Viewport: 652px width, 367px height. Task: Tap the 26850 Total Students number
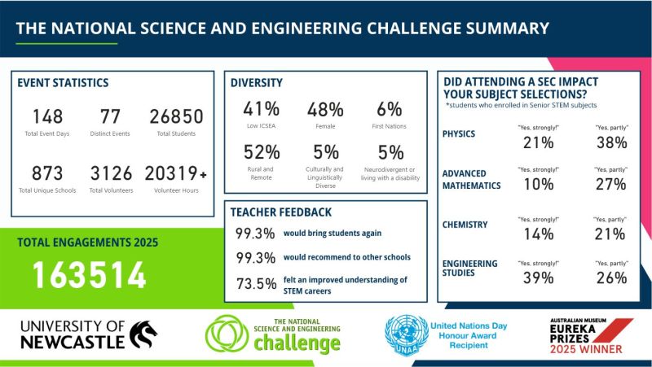coord(176,116)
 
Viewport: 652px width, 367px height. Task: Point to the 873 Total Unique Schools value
coord(46,173)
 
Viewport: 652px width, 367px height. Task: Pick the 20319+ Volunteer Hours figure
coord(175,173)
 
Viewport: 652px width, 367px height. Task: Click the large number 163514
coord(89,275)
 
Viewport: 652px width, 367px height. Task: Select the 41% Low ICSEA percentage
coord(262,109)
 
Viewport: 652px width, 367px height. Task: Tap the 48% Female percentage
coord(324,109)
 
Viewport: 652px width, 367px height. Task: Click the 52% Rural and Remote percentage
coord(262,152)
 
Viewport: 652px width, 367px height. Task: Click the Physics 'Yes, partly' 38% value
coord(610,142)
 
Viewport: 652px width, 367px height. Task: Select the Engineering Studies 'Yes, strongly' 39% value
coord(537,277)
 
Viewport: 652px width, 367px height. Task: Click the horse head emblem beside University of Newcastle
coord(143,333)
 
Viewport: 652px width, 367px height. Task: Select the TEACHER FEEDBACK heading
coord(281,212)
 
